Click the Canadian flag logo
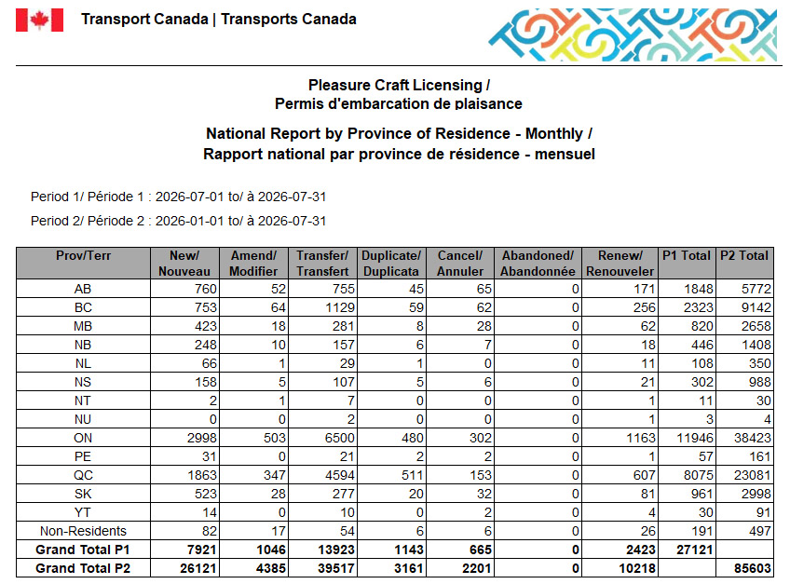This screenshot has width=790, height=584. tap(39, 20)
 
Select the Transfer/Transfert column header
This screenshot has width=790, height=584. tap(322, 263)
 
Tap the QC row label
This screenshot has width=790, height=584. tap(83, 475)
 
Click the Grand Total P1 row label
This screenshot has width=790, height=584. tap(83, 550)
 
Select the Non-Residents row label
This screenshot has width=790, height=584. tap(83, 531)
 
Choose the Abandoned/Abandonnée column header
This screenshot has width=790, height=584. tap(538, 263)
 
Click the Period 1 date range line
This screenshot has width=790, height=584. tap(178, 197)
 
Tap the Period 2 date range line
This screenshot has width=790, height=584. tap(178, 221)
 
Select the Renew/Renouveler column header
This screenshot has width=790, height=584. tap(620, 263)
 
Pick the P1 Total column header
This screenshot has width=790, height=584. tap(687, 255)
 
